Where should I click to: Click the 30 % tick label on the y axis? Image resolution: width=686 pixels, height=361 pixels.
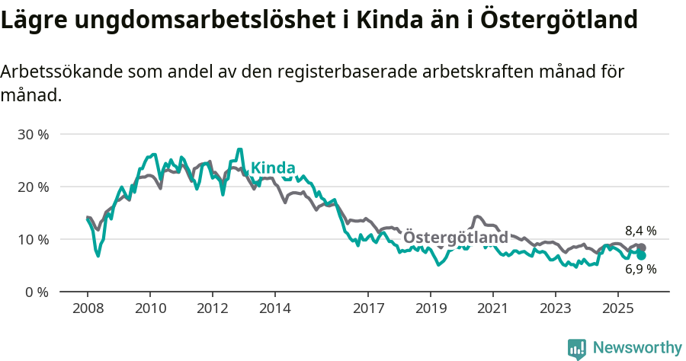(x=33, y=134)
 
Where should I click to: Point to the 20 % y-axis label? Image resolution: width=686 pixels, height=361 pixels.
(x=33, y=187)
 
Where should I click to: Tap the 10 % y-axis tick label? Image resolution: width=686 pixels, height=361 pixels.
(x=33, y=239)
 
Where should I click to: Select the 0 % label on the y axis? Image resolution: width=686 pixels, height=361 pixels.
(x=36, y=292)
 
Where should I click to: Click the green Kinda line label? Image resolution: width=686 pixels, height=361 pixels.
(x=273, y=168)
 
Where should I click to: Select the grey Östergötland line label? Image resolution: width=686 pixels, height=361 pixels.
(x=455, y=238)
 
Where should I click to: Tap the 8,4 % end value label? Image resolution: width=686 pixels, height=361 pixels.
(x=641, y=231)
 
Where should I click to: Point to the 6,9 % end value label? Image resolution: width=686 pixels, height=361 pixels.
(x=641, y=269)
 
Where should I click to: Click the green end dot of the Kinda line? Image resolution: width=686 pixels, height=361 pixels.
(x=641, y=256)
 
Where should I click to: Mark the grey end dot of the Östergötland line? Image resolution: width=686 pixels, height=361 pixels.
(x=641, y=248)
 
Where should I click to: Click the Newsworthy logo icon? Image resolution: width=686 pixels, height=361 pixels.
(x=577, y=349)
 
